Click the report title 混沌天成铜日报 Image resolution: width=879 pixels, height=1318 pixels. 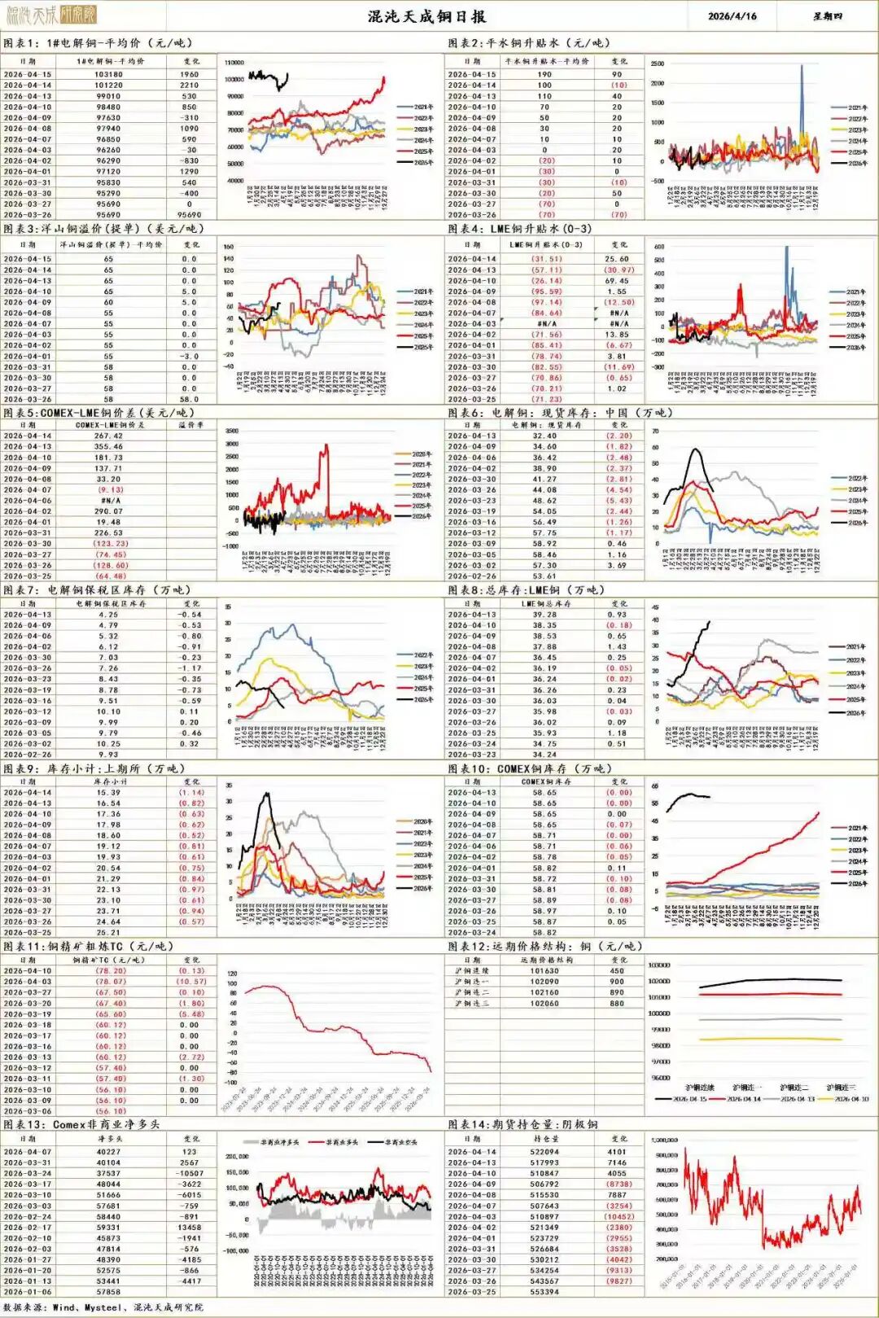[426, 15]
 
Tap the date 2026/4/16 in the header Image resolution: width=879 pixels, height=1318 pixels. [732, 15]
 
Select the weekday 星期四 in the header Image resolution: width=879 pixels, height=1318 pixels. [828, 15]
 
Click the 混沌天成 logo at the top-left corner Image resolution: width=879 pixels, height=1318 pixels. [50, 14]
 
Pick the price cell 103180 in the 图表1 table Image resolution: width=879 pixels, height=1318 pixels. [108, 74]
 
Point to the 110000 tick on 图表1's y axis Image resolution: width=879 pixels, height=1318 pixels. [234, 63]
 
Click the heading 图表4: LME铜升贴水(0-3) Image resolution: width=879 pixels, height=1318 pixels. [519, 229]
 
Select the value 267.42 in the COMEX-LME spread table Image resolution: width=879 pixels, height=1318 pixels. [108, 436]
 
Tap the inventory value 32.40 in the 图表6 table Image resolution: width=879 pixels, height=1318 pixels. [544, 436]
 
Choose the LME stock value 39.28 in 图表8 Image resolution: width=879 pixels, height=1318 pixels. [544, 615]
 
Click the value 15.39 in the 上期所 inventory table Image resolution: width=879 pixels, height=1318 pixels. [108, 792]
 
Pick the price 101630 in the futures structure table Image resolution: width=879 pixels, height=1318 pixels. [544, 970]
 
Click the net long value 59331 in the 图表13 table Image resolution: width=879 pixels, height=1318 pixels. [108, 1227]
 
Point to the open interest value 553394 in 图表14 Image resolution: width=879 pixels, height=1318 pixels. [544, 1291]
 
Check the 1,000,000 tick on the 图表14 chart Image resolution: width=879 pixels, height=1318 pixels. [665, 1141]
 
